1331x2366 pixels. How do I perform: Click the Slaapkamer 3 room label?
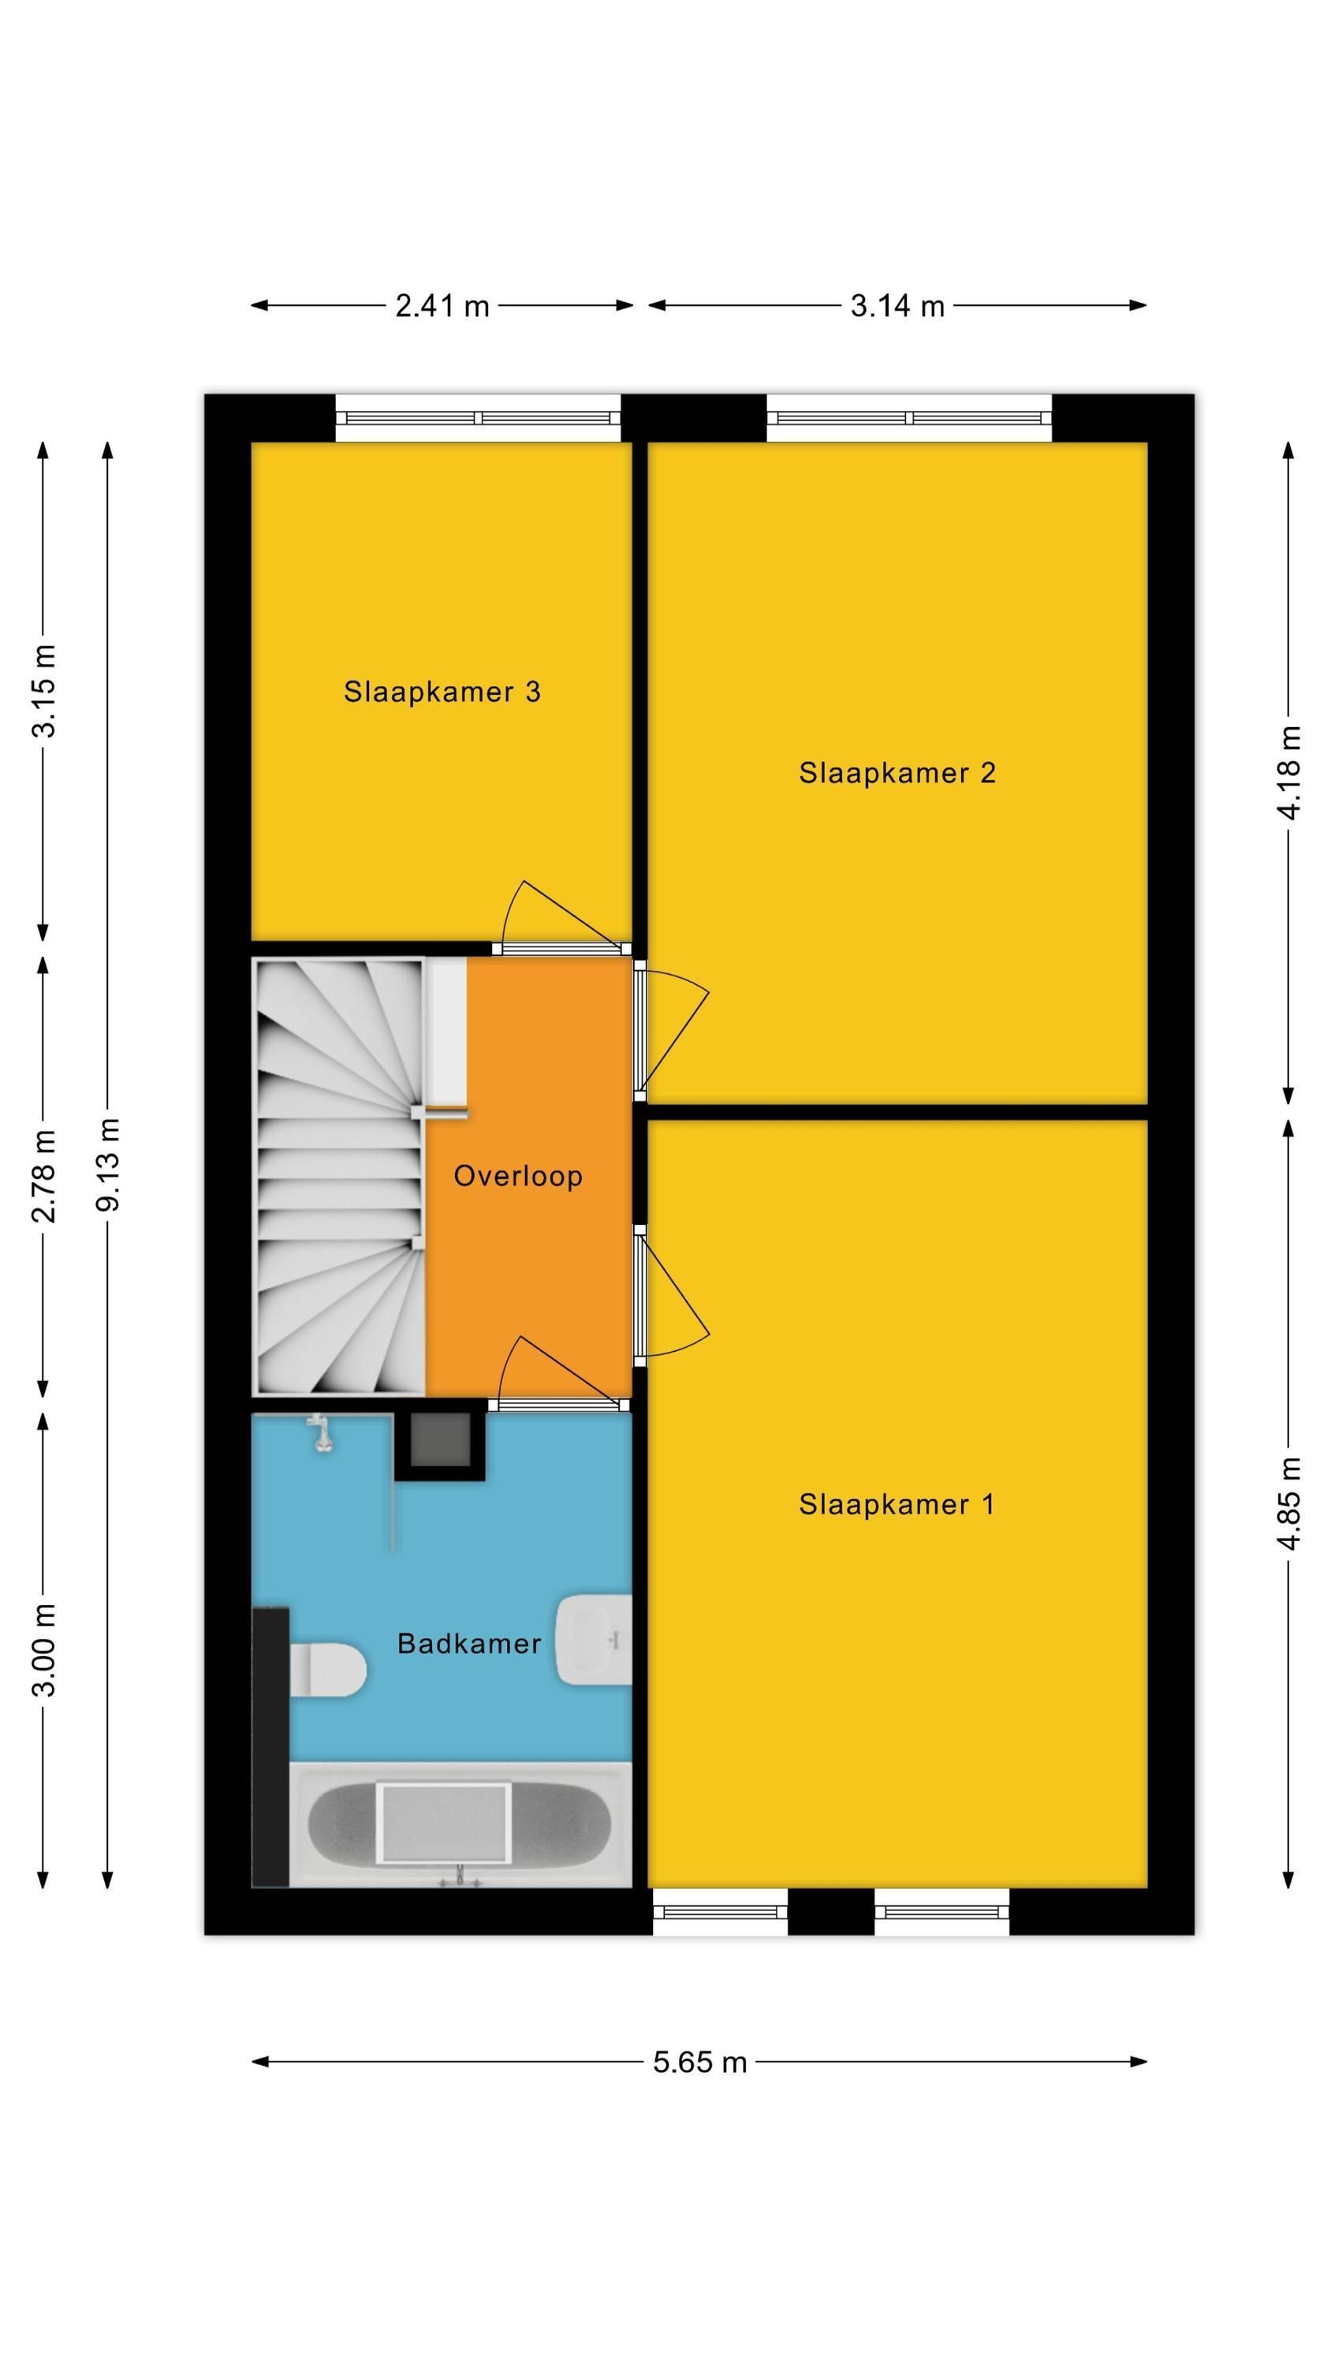click(442, 692)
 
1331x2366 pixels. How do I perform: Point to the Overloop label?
click(518, 1176)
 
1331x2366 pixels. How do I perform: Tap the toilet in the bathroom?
click(328, 1669)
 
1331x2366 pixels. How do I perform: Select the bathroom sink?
click(595, 1640)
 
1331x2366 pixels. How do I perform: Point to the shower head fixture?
click(319, 1434)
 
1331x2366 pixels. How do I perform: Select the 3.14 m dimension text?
click(897, 306)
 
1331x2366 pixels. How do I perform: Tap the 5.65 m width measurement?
click(700, 2062)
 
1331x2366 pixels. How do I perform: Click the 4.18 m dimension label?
click(1290, 772)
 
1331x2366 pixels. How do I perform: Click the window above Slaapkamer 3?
click(478, 418)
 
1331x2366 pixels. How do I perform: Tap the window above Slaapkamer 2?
click(909, 418)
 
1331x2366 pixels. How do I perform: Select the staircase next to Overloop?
click(338, 1177)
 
